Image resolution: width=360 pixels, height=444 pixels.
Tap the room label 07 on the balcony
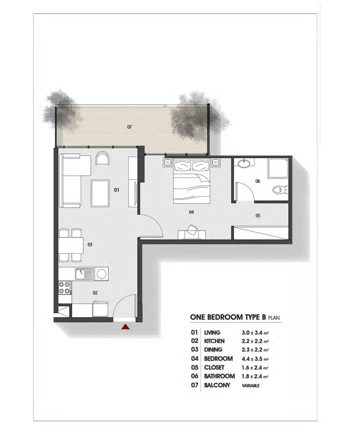[x=129, y=127]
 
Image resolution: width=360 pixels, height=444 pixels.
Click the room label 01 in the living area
[x=116, y=190]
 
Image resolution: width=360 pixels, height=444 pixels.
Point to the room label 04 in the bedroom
[x=192, y=212]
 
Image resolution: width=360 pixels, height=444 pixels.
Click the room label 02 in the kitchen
[x=95, y=292]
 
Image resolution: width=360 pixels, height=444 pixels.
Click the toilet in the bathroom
[x=279, y=190]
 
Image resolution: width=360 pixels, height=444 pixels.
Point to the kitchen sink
[x=86, y=274]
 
